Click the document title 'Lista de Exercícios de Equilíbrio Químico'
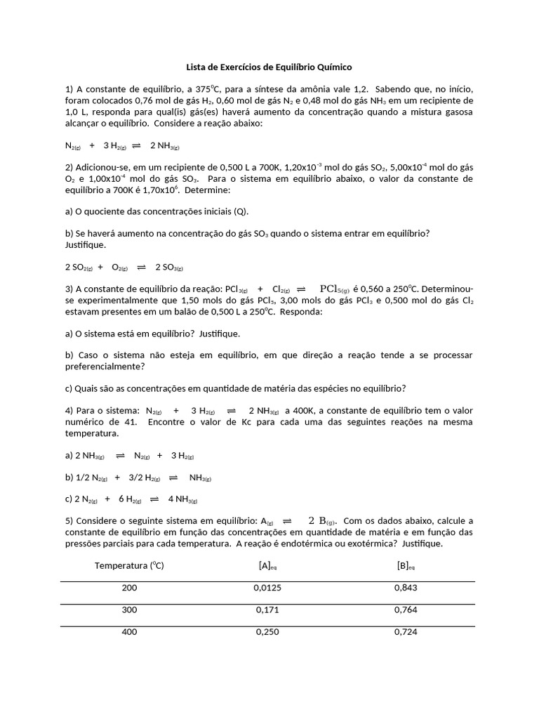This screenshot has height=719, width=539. [269, 67]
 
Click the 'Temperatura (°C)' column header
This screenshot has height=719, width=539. [129, 565]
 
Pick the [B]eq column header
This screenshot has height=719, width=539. [406, 566]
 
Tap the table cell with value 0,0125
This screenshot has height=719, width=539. [267, 588]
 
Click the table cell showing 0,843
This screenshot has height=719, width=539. [406, 588]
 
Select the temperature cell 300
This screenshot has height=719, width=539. [129, 610]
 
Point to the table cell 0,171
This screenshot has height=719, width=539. [267, 610]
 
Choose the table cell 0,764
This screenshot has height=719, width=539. [406, 610]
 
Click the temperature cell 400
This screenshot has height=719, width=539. [129, 632]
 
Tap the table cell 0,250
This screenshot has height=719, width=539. [267, 632]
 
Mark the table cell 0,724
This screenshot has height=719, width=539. [406, 632]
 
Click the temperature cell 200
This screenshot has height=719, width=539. [129, 588]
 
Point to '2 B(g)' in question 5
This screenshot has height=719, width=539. [322, 521]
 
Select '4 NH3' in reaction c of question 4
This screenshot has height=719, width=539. [182, 500]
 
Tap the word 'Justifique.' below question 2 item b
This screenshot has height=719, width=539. [86, 245]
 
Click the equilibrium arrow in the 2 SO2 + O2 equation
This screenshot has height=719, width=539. [141, 267]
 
